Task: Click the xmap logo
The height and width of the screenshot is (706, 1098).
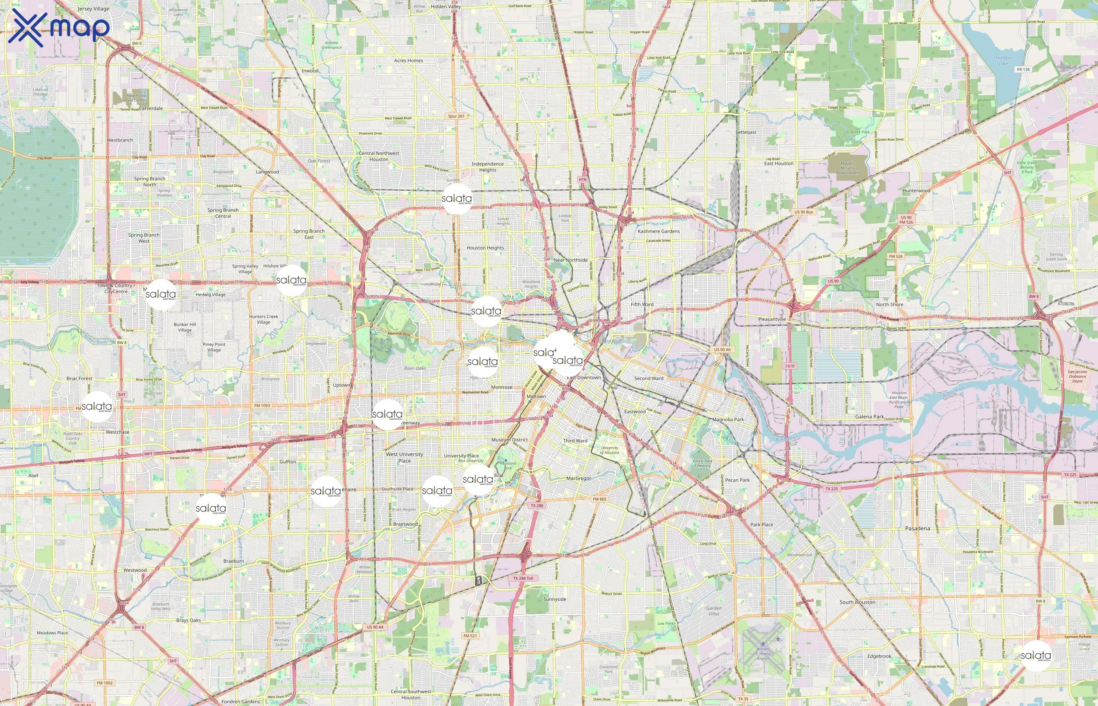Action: click(x=59, y=27)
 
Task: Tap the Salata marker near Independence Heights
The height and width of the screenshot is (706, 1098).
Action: click(x=456, y=198)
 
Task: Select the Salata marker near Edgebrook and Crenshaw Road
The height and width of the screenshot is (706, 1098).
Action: click(x=1036, y=655)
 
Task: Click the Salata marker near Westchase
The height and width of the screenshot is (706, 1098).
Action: click(x=97, y=407)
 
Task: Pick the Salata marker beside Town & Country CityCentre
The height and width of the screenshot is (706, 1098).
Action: click(x=160, y=294)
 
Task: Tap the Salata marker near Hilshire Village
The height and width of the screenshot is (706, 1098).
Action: click(x=291, y=280)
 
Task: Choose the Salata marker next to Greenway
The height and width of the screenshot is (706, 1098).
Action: click(x=387, y=415)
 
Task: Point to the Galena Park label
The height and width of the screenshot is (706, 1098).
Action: click(x=869, y=417)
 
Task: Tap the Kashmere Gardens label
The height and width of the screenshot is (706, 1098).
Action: click(x=658, y=231)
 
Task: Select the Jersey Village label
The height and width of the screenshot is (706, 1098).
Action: click(x=93, y=9)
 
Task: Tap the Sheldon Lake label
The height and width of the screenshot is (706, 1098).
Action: click(x=1003, y=60)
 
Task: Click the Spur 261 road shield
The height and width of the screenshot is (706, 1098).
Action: click(x=456, y=116)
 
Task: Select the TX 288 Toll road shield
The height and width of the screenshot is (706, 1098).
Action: click(x=523, y=579)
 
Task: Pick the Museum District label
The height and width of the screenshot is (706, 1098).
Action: click(x=509, y=440)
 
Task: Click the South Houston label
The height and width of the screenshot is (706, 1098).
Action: click(x=857, y=602)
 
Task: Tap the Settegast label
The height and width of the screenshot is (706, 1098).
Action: click(x=745, y=132)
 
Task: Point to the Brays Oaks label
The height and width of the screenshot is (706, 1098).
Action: click(x=188, y=620)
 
